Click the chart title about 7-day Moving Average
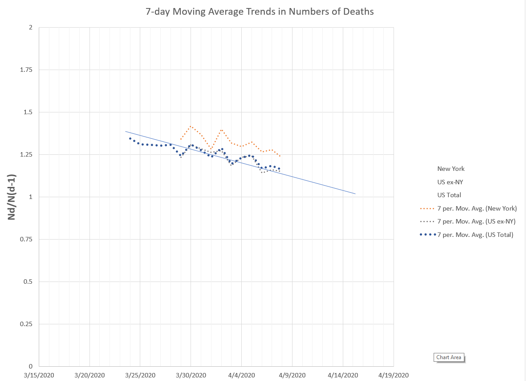(260, 12)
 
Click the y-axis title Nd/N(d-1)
(13, 197)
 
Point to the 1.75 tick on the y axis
(27, 70)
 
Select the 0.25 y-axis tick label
(27, 324)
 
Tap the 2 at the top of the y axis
(30, 28)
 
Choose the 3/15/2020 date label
(39, 375)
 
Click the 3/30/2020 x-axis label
(191, 375)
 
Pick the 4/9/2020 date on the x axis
(292, 375)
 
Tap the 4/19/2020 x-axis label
(394, 375)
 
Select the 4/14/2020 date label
(343, 375)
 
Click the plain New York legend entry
(451, 169)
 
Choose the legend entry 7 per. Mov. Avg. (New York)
(467, 208)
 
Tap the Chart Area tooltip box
(449, 357)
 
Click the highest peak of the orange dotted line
(191, 126)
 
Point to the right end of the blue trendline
(355, 194)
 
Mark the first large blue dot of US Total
(130, 138)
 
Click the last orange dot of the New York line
(280, 156)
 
